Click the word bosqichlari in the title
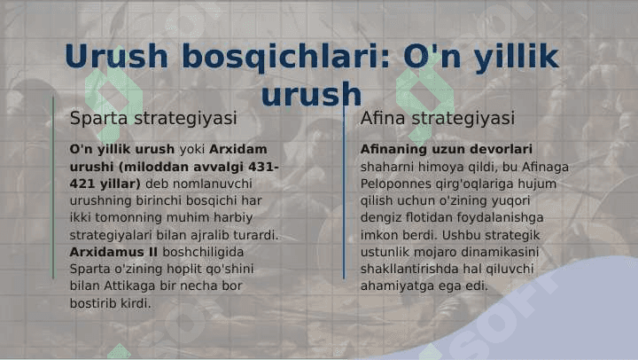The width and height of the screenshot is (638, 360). pos(285,56)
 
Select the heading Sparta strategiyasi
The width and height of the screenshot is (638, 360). pos(153,119)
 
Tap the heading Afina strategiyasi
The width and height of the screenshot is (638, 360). pos(438,119)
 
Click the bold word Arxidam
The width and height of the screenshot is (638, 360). pos(238,149)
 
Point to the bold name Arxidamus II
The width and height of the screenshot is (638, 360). pos(113,252)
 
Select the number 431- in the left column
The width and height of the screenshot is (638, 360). pos(263,167)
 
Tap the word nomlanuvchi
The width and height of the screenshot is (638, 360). pos(213,184)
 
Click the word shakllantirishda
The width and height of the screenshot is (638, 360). pos(409,270)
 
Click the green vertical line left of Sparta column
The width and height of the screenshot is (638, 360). pos(53,188)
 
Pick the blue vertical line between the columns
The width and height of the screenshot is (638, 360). pos(344,191)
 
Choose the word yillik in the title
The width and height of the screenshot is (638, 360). pos(516,57)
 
